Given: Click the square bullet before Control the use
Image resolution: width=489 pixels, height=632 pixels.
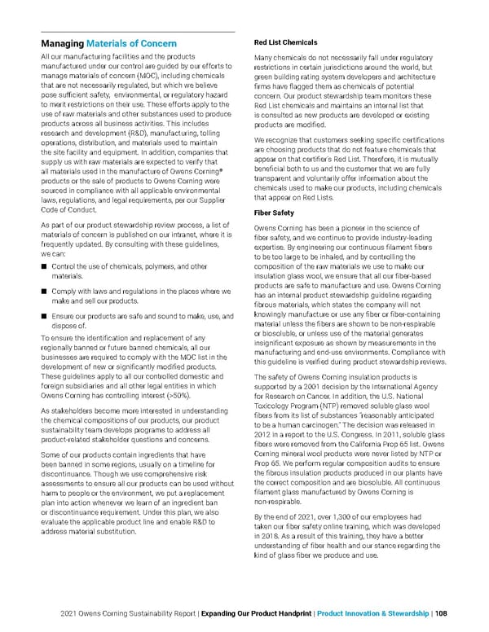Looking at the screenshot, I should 43,267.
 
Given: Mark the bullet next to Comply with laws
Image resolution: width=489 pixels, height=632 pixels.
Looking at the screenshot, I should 43,292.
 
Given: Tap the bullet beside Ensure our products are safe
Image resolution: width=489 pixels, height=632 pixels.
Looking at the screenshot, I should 43,316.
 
